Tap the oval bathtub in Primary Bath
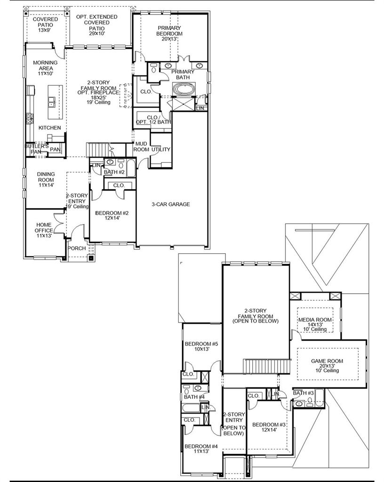[184, 89]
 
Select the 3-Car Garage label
[171, 204]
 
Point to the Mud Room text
[141, 146]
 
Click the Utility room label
[160, 149]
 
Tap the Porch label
[77, 248]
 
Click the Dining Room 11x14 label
[46, 179]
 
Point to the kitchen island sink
[51, 101]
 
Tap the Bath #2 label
[114, 172]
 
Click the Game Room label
[327, 365]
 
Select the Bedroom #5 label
[201, 346]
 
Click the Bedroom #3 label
[269, 427]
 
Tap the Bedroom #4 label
[201, 449]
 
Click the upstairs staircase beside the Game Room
[267, 366]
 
